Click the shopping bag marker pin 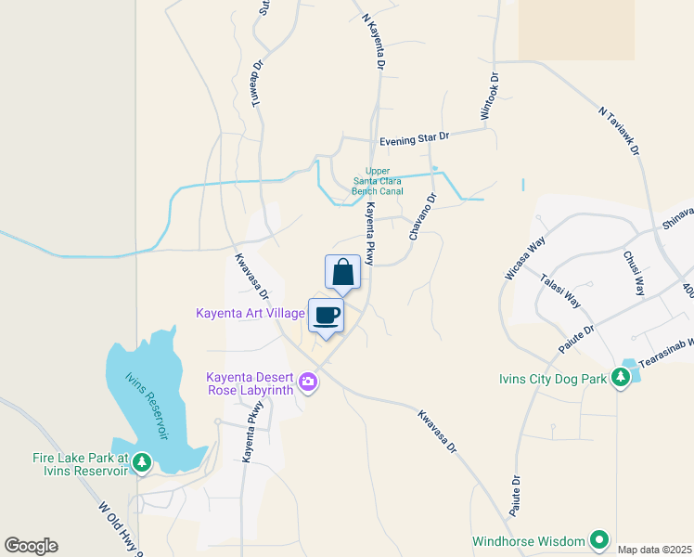(x=342, y=272)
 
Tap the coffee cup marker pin (x=326, y=316)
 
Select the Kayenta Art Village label (x=250, y=313)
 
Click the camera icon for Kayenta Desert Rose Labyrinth (x=308, y=381)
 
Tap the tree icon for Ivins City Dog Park (x=620, y=378)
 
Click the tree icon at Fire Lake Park (x=141, y=461)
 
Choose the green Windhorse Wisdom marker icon (x=599, y=539)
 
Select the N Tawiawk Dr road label (x=619, y=130)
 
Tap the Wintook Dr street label (x=489, y=97)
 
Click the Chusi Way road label (x=634, y=273)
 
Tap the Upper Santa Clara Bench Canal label (x=377, y=181)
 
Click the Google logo (x=31, y=546)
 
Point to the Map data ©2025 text (x=655, y=550)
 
